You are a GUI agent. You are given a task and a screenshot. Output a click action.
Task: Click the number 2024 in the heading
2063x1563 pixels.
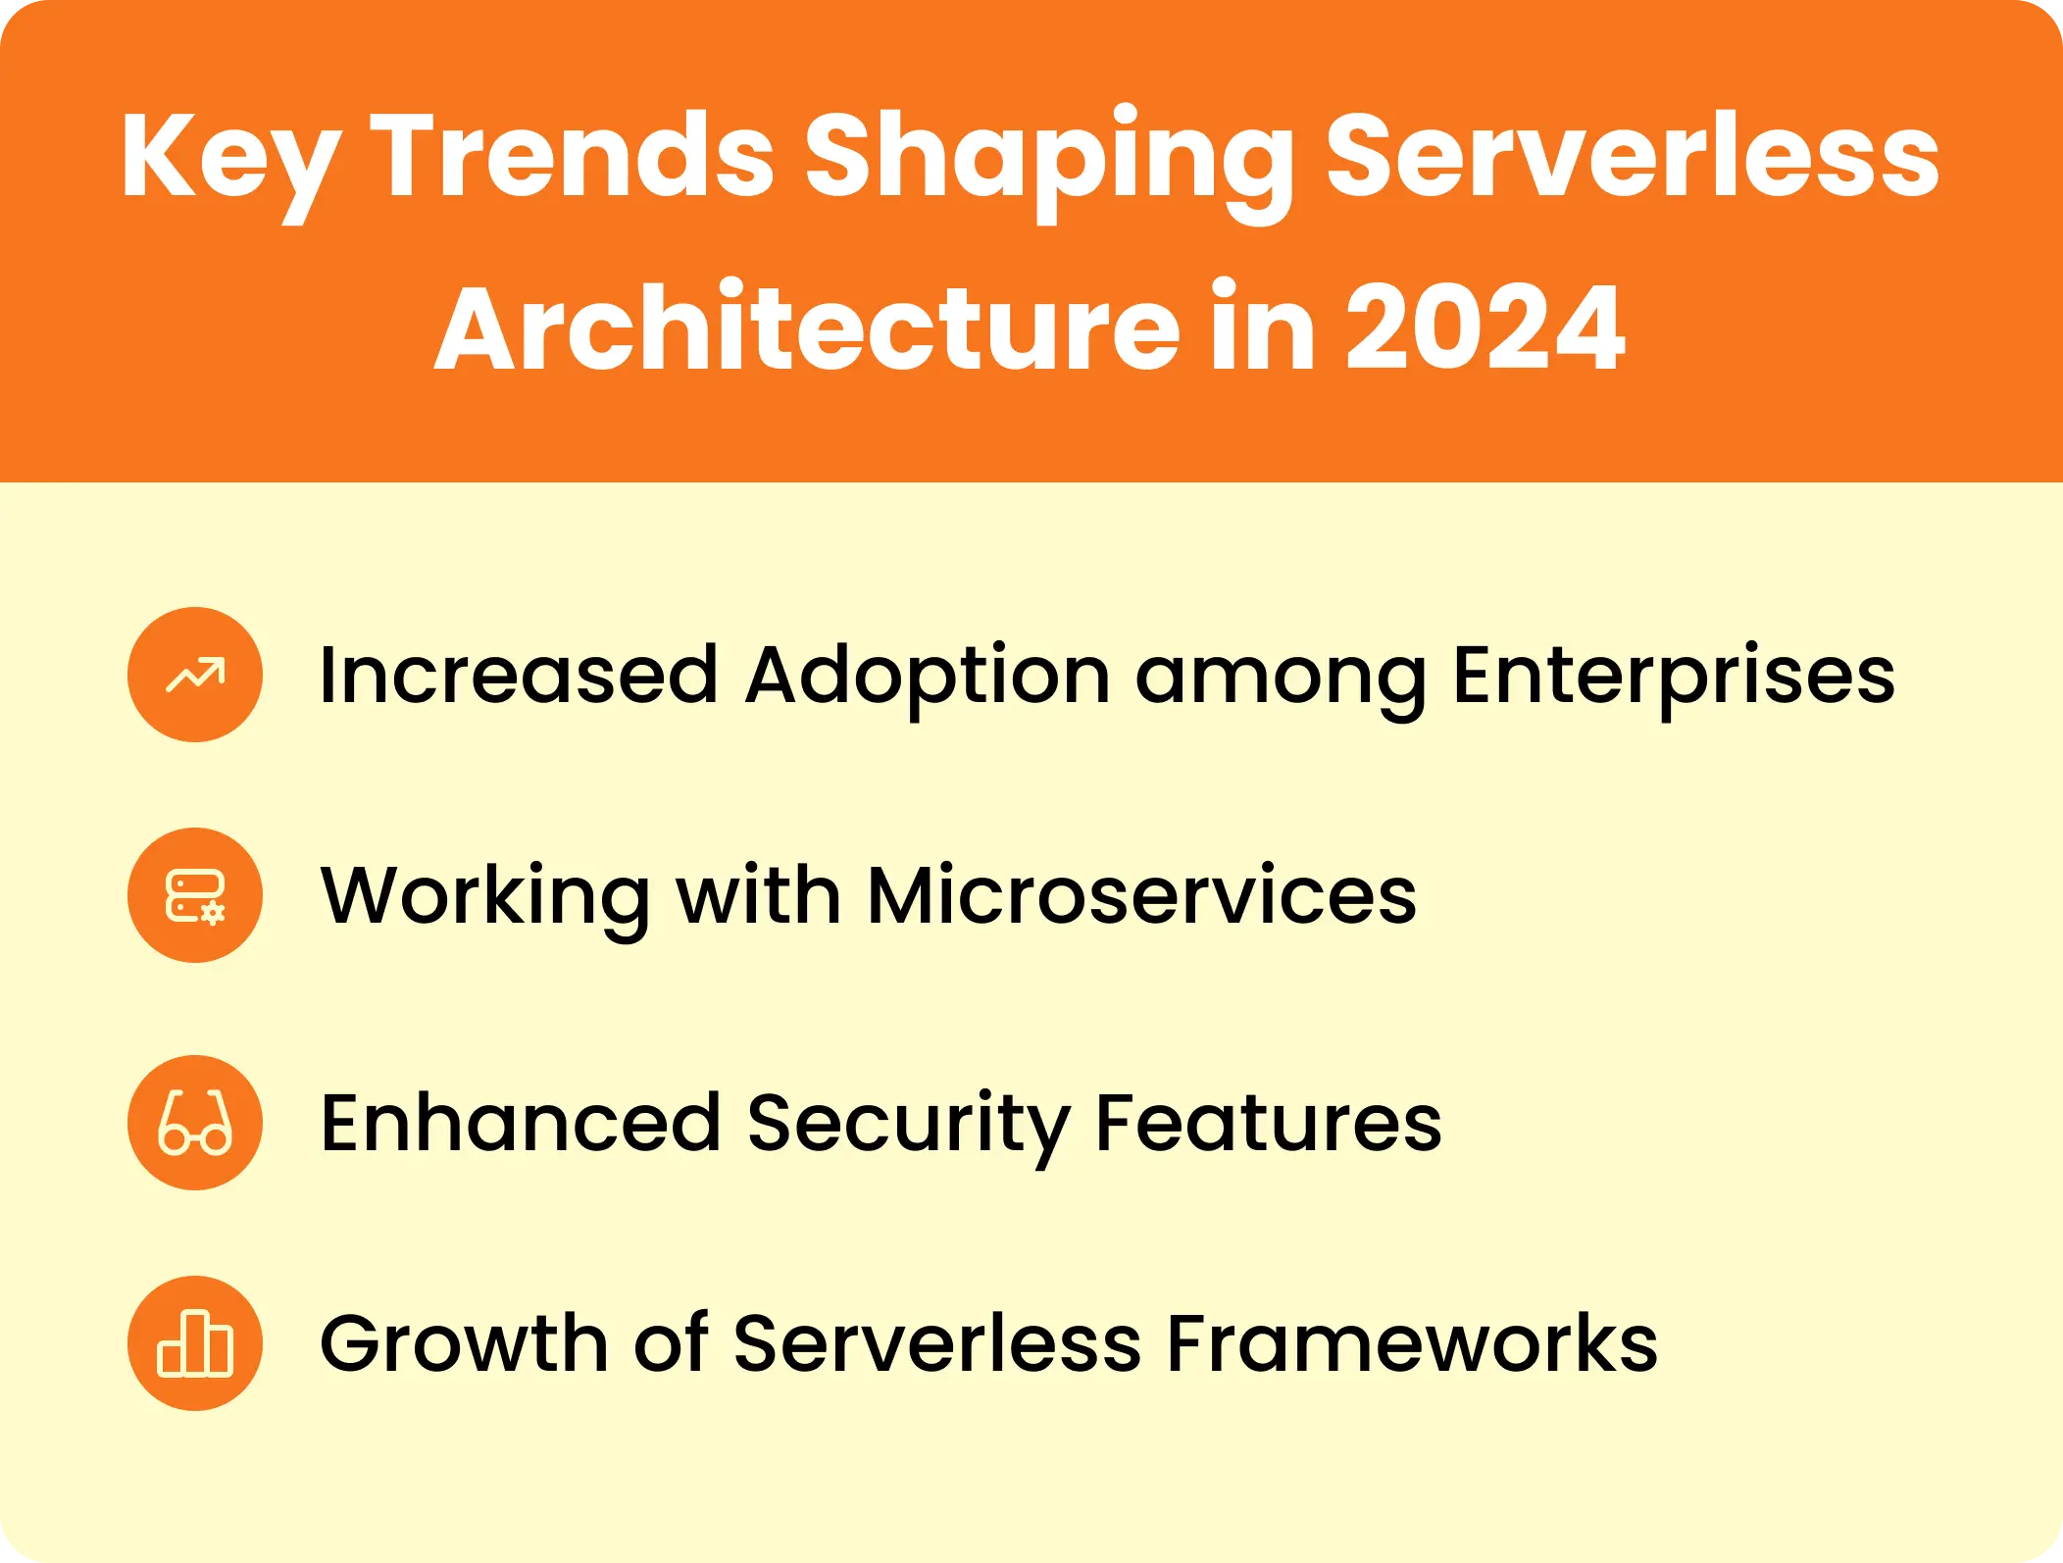click(x=1484, y=328)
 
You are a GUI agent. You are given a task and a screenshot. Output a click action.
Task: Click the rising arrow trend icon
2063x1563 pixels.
click(x=195, y=675)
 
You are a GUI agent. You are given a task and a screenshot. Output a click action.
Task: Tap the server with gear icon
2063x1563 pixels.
click(x=195, y=895)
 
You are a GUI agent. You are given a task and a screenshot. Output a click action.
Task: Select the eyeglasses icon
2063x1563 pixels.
click(x=195, y=1123)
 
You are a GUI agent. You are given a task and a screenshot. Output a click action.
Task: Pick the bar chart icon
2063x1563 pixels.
click(x=195, y=1343)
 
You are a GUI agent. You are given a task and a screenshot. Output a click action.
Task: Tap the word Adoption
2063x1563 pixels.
click(x=927, y=677)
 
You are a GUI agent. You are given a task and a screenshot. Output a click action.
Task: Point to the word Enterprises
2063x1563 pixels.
click(x=1673, y=677)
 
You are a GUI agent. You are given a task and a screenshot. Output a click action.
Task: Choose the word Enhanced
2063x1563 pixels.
click(x=521, y=1123)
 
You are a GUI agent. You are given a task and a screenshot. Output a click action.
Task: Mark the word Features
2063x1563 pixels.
click(x=1268, y=1123)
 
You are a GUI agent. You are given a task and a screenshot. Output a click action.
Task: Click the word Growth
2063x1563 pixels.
click(x=464, y=1343)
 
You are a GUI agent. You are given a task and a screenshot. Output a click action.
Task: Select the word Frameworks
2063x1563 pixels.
click(x=1412, y=1343)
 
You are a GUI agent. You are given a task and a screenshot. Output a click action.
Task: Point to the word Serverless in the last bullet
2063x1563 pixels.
click(x=936, y=1343)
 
